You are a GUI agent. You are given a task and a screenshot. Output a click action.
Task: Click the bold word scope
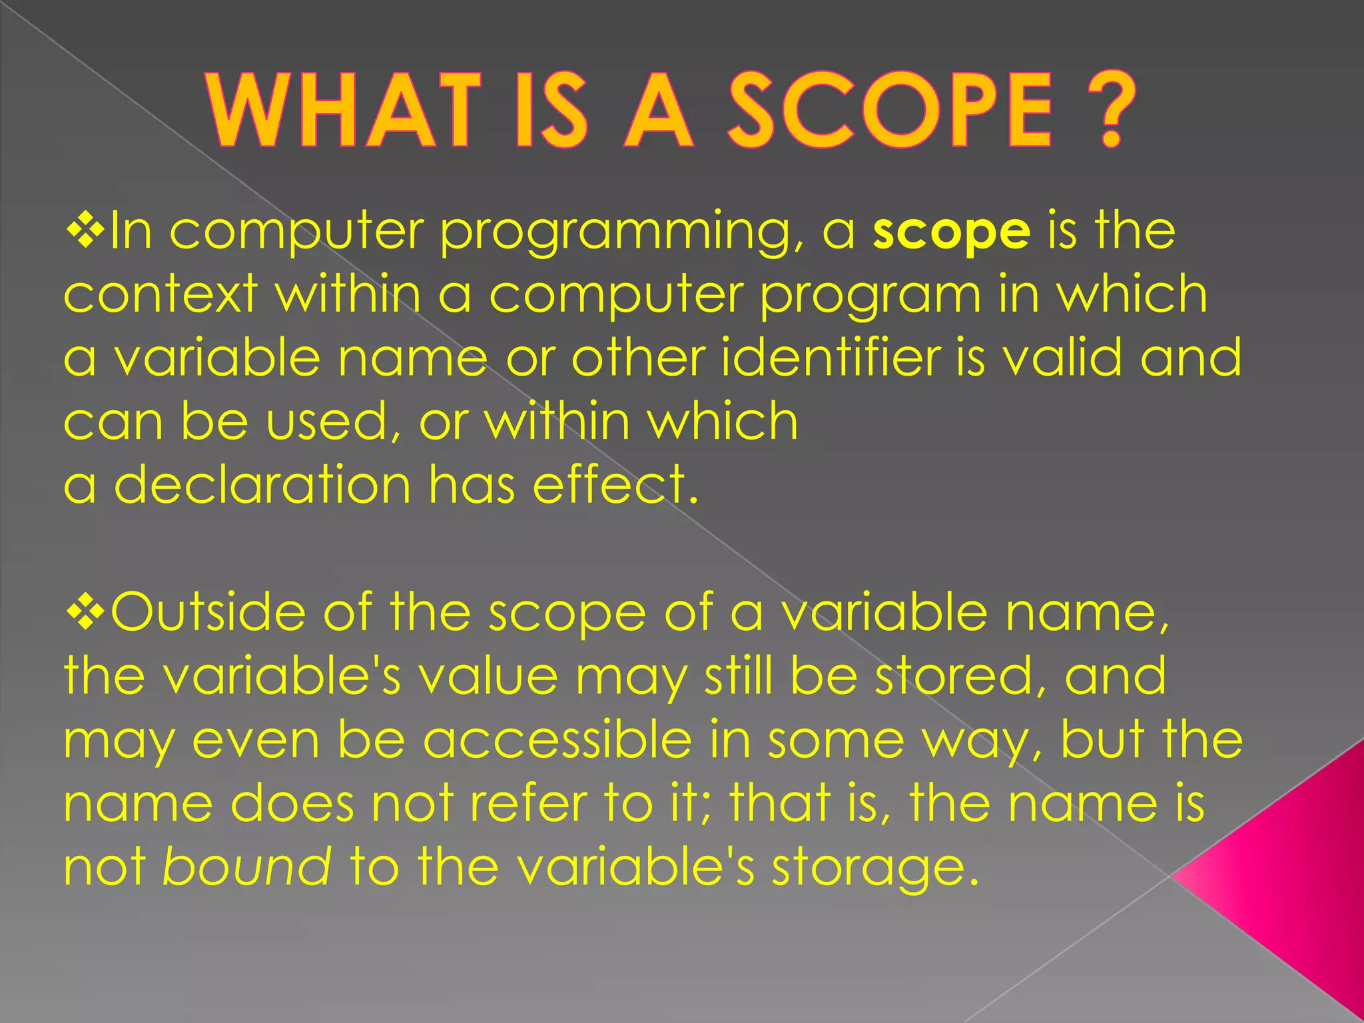pyautogui.click(x=952, y=232)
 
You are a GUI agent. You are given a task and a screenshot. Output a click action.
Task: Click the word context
pyautogui.click(x=161, y=294)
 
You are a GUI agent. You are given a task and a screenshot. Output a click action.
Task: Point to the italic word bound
pyautogui.click(x=246, y=867)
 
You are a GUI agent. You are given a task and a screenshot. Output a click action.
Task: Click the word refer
pyautogui.click(x=519, y=803)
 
